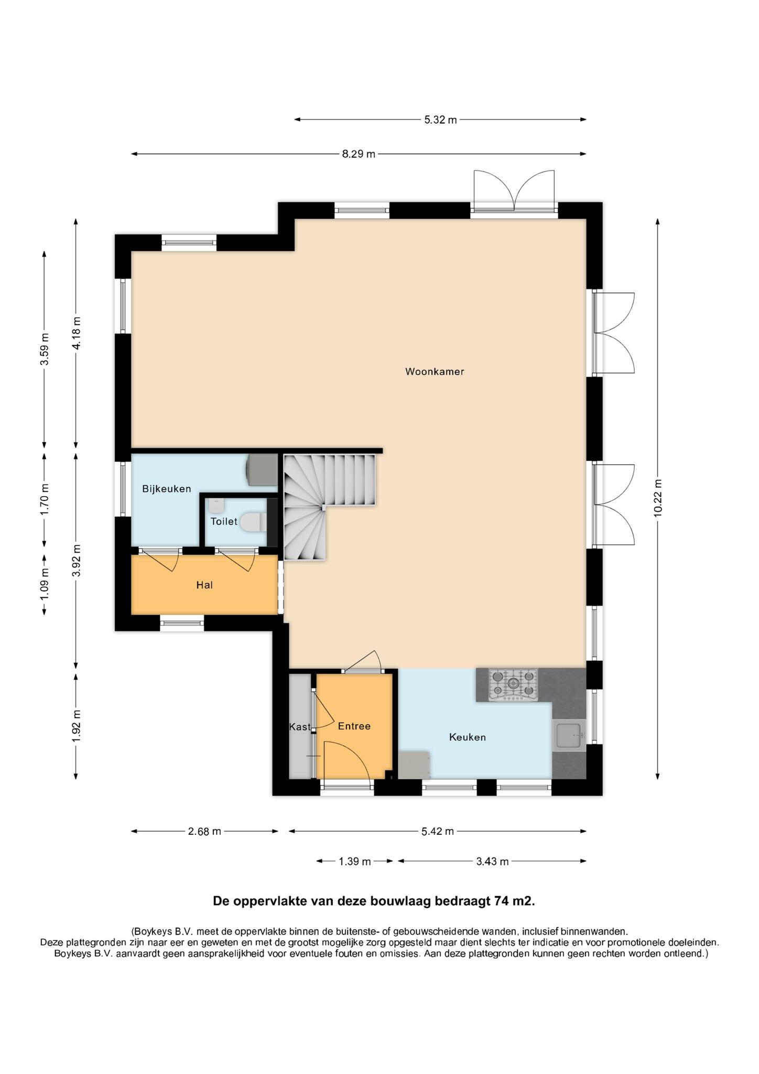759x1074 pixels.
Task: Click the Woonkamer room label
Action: click(x=435, y=372)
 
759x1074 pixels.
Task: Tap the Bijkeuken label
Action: click(x=167, y=489)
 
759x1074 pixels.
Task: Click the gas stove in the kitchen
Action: click(x=513, y=684)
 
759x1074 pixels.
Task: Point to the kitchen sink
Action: click(x=569, y=735)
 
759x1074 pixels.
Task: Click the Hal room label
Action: click(x=204, y=585)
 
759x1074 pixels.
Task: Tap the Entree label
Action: click(x=354, y=726)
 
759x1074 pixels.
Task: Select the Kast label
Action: click(x=300, y=727)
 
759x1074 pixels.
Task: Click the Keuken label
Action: click(x=468, y=737)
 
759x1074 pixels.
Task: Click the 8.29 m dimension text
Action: click(x=359, y=154)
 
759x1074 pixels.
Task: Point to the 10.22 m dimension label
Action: click(x=658, y=498)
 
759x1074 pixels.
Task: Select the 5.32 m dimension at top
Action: click(x=440, y=120)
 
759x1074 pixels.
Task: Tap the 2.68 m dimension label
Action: click(x=204, y=831)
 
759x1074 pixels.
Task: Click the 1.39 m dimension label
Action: click(x=355, y=861)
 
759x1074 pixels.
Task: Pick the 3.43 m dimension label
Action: click(x=492, y=861)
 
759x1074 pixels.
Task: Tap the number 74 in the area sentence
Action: click(x=501, y=901)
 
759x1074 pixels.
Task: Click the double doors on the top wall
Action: click(x=514, y=191)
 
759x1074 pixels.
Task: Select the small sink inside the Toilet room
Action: click(x=216, y=506)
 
